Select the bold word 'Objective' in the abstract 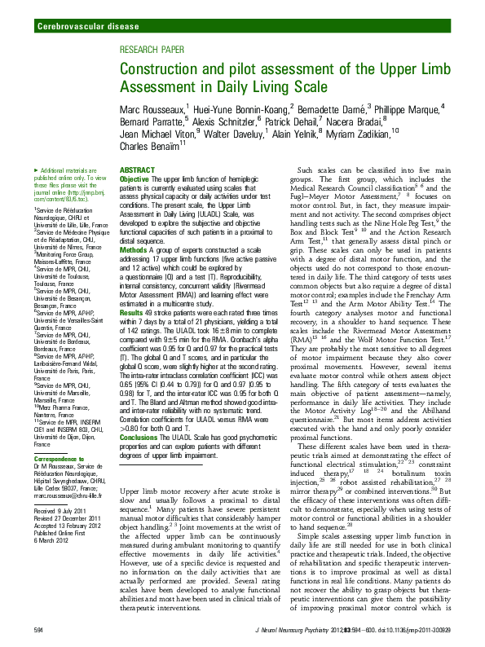click(134, 178)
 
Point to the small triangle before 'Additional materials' click(36, 169)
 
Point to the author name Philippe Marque click(408, 109)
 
